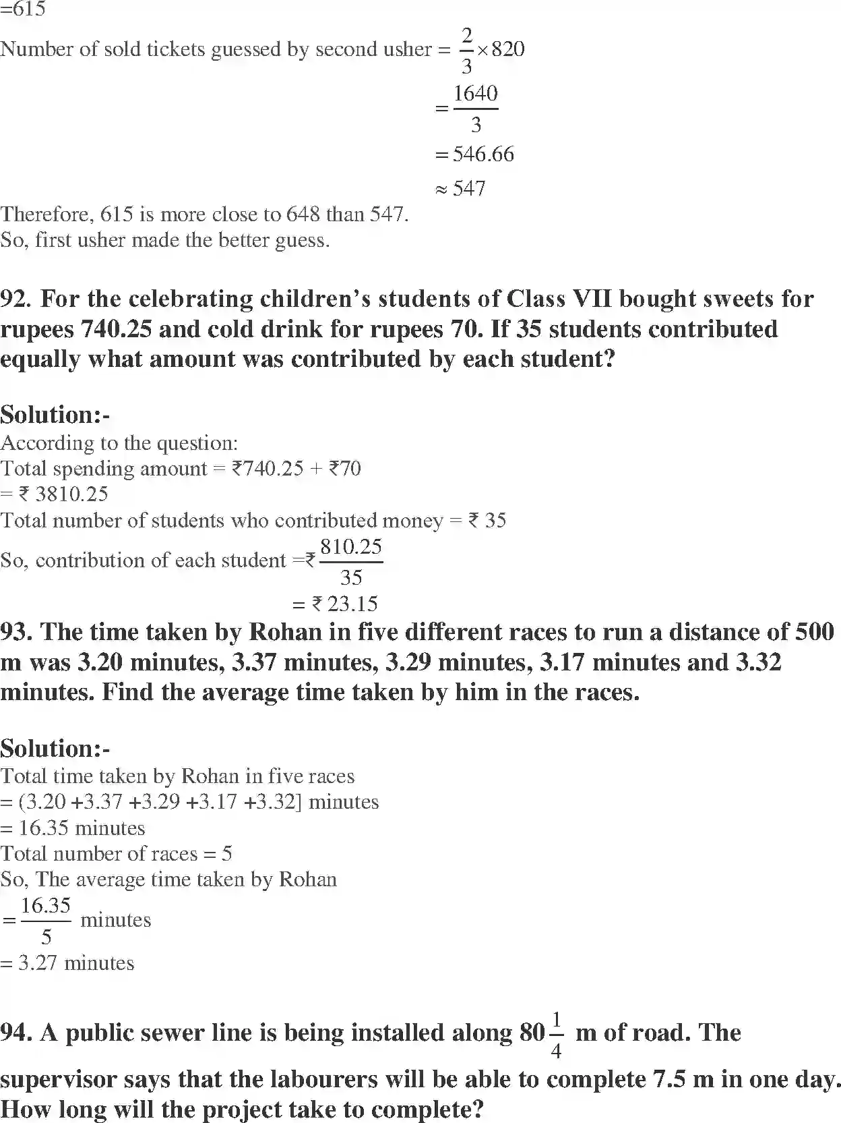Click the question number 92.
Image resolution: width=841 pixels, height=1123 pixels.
(x=17, y=299)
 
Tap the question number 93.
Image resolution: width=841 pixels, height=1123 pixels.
(x=17, y=632)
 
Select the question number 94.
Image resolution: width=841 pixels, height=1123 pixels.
(x=17, y=1033)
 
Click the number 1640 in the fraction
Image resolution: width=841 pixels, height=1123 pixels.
(x=475, y=93)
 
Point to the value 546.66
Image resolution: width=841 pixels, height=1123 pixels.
(x=483, y=154)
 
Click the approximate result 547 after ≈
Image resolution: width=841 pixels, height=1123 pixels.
(x=469, y=188)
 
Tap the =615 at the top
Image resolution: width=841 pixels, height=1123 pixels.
(x=23, y=9)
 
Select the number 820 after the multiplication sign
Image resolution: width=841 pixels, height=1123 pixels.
(x=508, y=49)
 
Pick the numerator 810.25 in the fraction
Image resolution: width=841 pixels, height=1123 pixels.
(x=351, y=546)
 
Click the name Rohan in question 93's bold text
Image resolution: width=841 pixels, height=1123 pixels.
(x=285, y=632)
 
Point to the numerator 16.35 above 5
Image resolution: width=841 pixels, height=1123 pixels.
(x=46, y=906)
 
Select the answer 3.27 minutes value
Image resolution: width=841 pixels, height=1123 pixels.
(x=38, y=963)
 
